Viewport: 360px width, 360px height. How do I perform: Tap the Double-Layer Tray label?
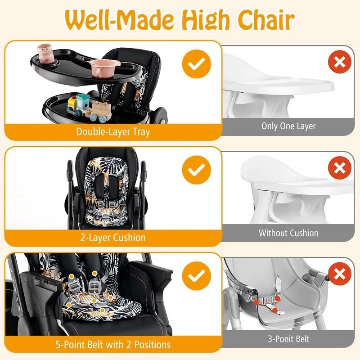(x=113, y=132)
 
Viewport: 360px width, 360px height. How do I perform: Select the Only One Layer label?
(x=288, y=126)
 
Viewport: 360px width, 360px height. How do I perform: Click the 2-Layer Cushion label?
(x=113, y=238)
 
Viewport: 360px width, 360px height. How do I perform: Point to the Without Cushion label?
(x=288, y=233)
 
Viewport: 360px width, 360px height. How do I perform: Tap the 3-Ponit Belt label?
(x=288, y=339)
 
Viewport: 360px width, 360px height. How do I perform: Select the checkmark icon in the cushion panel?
(x=196, y=171)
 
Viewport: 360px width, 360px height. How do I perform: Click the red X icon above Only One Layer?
(x=340, y=62)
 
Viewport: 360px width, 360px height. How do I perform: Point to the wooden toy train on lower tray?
(x=88, y=107)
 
